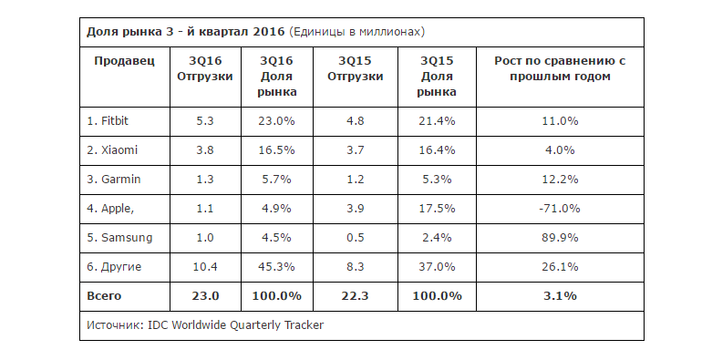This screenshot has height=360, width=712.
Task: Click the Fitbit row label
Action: (108, 121)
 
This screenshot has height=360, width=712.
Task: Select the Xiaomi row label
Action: (112, 150)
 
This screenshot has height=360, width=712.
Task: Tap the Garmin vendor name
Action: (114, 180)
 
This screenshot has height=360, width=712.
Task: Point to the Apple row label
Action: (110, 209)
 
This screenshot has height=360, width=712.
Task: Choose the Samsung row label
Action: (119, 238)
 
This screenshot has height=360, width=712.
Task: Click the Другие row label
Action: (114, 267)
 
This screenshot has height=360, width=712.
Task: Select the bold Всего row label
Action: (104, 296)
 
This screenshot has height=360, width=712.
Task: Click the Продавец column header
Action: (124, 61)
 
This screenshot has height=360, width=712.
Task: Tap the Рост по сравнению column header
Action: (560, 68)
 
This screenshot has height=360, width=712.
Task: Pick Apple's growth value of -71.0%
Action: (560, 209)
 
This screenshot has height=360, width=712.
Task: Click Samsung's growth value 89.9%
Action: (560, 238)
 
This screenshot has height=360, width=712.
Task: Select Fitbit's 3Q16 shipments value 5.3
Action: (205, 121)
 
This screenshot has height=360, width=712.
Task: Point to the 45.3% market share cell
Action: (276, 266)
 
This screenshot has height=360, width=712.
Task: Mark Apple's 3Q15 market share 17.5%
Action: (437, 209)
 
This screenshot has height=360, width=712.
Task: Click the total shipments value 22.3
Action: (356, 296)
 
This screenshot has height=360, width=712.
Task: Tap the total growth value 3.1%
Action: (560, 296)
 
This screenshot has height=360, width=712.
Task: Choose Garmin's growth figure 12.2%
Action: (560, 180)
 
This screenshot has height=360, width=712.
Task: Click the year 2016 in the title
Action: (268, 32)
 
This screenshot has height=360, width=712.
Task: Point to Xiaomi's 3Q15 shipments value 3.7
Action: (356, 150)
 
